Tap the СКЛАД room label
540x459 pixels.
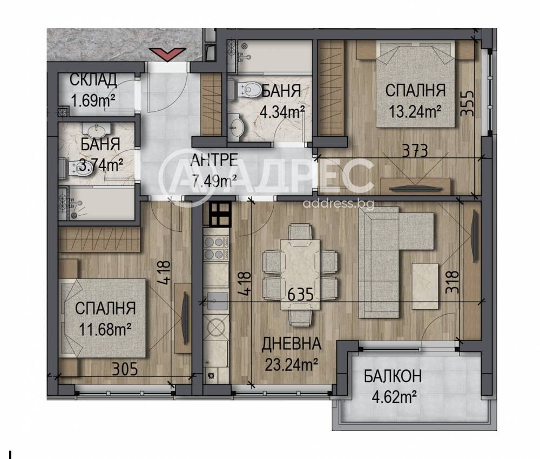93,80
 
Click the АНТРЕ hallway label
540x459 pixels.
214,159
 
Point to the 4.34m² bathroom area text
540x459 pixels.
282,112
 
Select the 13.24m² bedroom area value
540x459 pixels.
415,111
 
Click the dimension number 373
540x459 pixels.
415,151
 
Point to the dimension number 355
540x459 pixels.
468,103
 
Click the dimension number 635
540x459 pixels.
300,295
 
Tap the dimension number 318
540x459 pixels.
453,282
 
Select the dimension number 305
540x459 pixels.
125,369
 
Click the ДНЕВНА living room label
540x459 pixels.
292,344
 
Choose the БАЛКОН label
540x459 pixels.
393,376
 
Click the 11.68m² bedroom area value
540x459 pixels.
105,329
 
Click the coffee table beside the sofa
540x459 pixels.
425,286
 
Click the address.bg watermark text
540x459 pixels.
338,204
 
